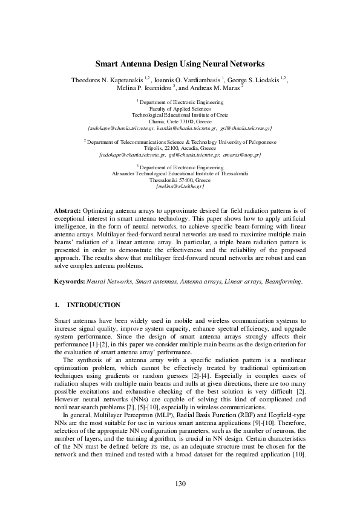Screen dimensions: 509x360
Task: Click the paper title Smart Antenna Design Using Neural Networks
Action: (x=180, y=63)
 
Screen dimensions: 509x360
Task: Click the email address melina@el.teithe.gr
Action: (x=180, y=186)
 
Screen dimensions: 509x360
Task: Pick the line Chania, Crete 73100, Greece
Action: (x=180, y=122)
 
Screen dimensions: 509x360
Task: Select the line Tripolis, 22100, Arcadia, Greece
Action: (x=180, y=148)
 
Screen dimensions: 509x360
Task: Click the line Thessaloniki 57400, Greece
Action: (x=180, y=180)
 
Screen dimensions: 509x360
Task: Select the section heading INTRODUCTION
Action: (x=94, y=305)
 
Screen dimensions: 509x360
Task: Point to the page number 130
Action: (x=180, y=484)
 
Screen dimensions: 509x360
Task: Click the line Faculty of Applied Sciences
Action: (x=180, y=109)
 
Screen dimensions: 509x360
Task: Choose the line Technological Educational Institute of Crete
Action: (x=180, y=115)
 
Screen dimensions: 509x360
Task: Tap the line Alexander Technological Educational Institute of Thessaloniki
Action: (x=180, y=173)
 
